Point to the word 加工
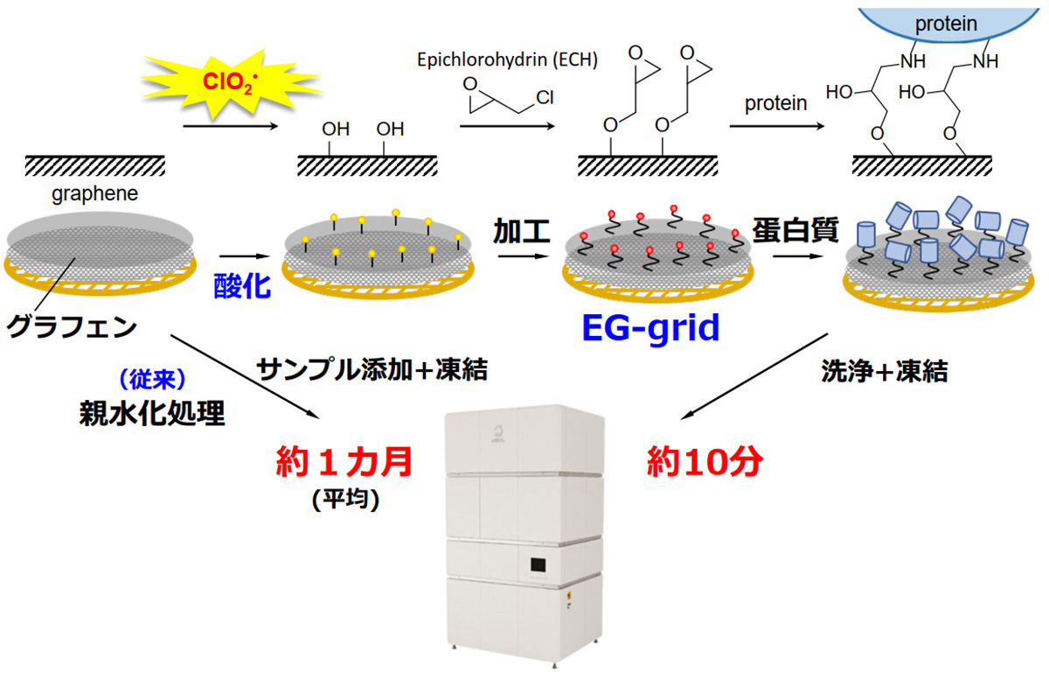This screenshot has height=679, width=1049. point(522,233)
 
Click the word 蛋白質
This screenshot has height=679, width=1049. point(795,232)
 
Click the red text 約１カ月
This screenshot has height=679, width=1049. point(344,460)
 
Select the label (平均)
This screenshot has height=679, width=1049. point(344,500)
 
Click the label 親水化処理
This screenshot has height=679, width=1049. point(151,412)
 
